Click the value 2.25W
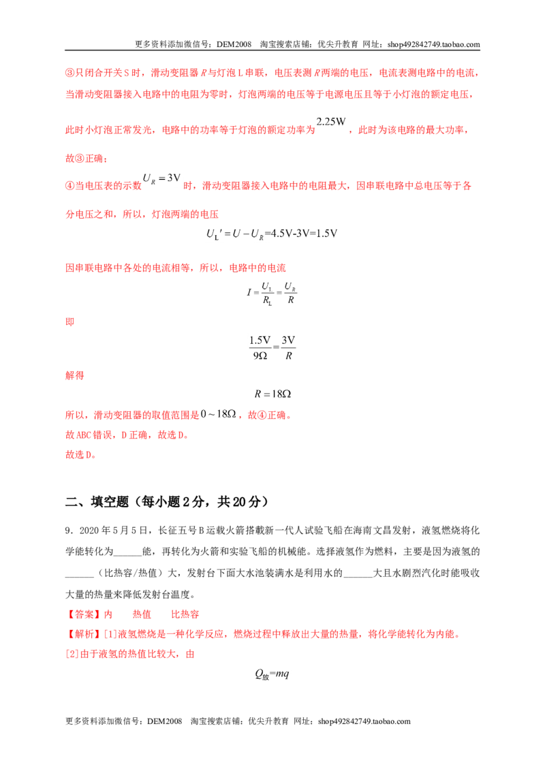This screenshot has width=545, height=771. tap(331, 121)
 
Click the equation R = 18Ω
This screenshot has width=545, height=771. tap(272, 394)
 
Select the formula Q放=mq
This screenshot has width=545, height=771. tap(272, 674)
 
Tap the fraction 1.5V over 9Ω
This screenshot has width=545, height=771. tap(260, 347)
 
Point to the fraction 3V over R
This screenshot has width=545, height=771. tap(288, 347)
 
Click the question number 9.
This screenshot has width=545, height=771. tap(69, 531)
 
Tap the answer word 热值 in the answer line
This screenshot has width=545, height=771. tap(142, 614)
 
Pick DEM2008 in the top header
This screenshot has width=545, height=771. tap(234, 44)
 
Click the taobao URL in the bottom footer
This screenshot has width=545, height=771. tap(364, 721)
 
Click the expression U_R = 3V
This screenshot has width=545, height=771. tap(162, 178)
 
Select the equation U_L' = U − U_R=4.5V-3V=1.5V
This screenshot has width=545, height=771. tap(272, 234)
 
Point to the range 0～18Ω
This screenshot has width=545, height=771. tap(219, 414)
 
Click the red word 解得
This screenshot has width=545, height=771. tap(75, 375)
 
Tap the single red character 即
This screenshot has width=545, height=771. tap(70, 321)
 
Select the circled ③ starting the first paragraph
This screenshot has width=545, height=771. tap(70, 73)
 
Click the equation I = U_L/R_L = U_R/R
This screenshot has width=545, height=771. tap(272, 294)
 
